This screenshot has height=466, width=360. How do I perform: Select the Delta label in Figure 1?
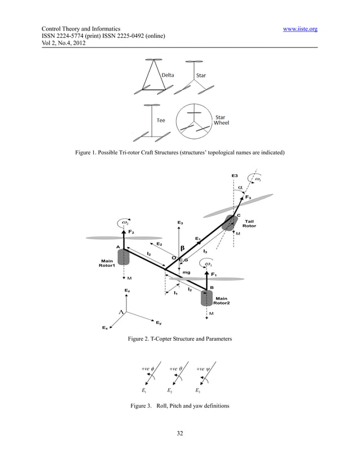click(168, 75)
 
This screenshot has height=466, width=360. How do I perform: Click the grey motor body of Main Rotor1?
click(124, 257)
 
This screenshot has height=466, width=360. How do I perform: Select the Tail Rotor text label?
click(249, 223)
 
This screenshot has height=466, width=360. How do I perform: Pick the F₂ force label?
click(130, 232)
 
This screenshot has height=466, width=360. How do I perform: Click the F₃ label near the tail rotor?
click(248, 197)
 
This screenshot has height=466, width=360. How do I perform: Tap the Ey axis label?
click(159, 323)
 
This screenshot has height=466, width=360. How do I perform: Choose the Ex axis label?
click(104, 328)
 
